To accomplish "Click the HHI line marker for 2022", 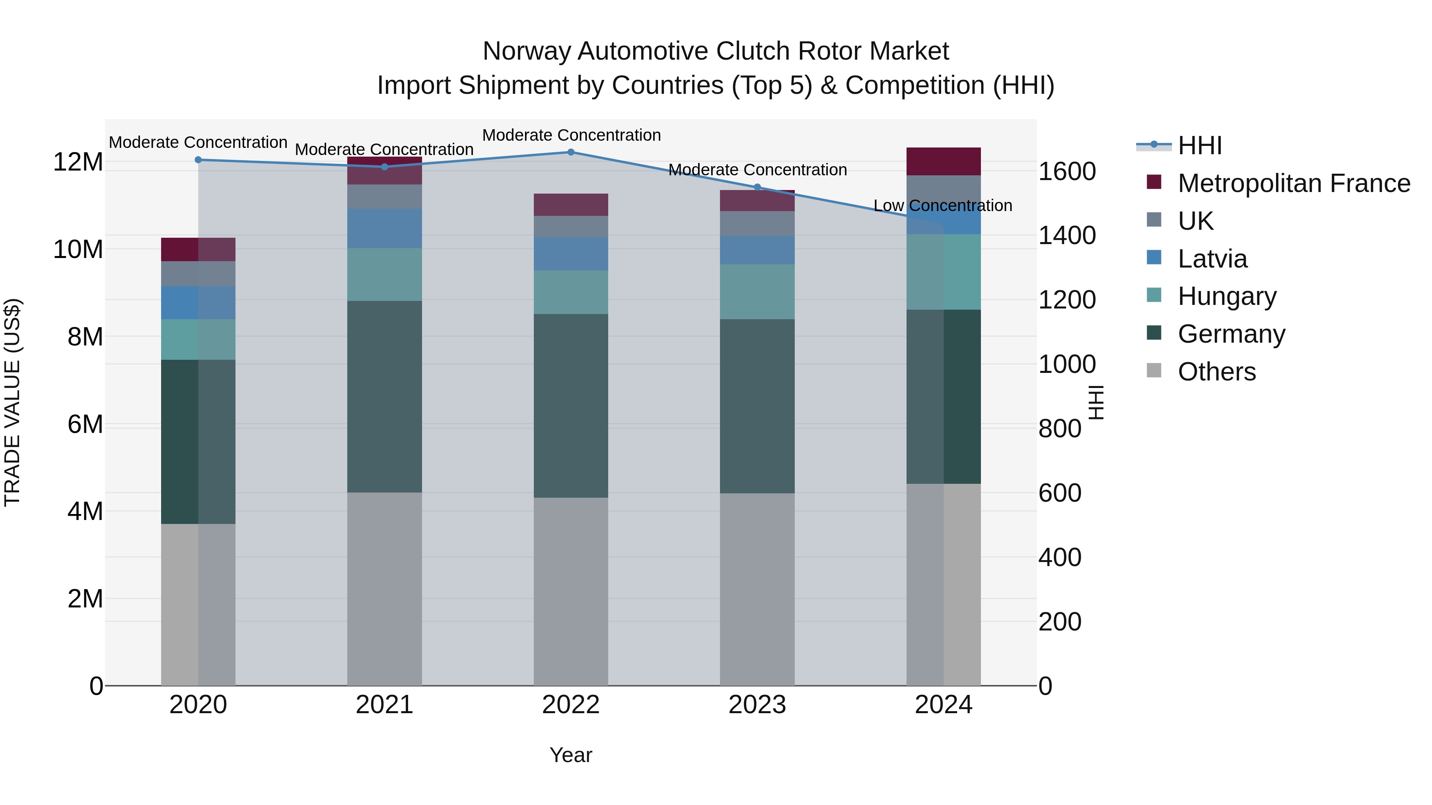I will click(x=571, y=152).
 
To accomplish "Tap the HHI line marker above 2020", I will click(x=198, y=160).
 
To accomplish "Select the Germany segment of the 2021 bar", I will click(x=385, y=397).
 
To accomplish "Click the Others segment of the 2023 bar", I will click(x=757, y=589).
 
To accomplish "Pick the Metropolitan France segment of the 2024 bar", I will click(x=944, y=162).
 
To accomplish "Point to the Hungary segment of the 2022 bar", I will click(x=571, y=292).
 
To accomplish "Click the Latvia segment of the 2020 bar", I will click(x=198, y=303).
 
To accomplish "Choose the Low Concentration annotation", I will click(x=943, y=206).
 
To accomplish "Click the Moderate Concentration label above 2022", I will click(x=571, y=135).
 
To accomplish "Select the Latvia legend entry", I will click(x=1212, y=259).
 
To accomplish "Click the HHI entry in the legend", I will click(x=1200, y=145).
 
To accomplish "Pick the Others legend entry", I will click(x=1216, y=372).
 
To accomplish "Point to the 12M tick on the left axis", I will click(x=78, y=162).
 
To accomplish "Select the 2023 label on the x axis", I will click(x=757, y=705).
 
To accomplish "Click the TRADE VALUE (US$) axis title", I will click(x=12, y=402).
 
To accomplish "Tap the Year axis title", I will click(x=571, y=755).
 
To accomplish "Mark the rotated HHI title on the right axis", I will click(x=1096, y=402).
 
